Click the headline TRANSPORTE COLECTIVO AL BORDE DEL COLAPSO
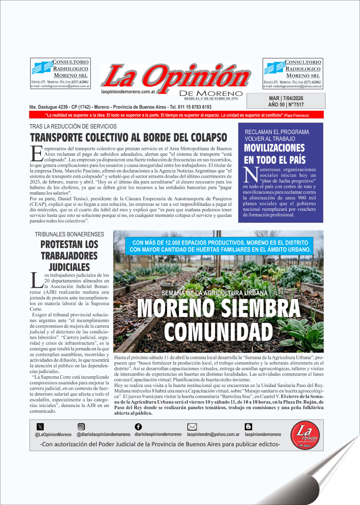[128, 138]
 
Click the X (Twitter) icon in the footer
[41, 427]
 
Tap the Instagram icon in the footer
[81, 427]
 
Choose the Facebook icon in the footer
[138, 427]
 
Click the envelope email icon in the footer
[192, 427]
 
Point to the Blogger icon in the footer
[248, 427]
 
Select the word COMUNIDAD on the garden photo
[218, 331]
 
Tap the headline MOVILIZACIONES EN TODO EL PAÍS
[275, 154]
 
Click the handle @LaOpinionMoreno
[53, 435]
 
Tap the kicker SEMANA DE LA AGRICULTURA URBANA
[215, 293]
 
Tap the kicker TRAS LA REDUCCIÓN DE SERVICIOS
[73, 127]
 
